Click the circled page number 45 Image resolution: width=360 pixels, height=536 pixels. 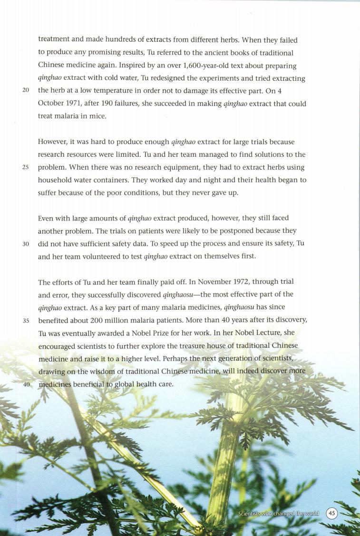pos(331,513)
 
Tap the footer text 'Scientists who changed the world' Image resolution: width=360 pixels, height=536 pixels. pos(278,514)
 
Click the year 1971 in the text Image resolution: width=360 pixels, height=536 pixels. pos(71,104)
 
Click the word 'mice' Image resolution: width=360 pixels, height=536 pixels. pos(97,116)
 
